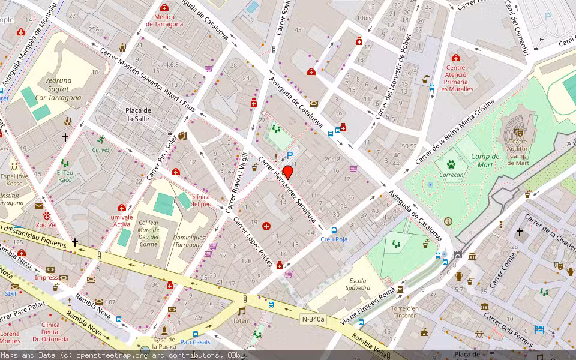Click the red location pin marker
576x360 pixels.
click(287, 173)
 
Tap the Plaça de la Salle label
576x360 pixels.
click(138, 115)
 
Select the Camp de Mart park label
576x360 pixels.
click(485, 160)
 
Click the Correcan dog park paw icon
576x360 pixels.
click(451, 163)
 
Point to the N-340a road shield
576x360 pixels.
click(313, 319)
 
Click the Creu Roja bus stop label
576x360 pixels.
click(334, 239)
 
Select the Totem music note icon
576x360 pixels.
click(242, 311)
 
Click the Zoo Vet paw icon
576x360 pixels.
click(46, 215)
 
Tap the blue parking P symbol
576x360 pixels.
click(290, 155)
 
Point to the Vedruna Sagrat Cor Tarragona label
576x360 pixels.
click(58, 89)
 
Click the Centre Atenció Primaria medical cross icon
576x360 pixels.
click(456, 58)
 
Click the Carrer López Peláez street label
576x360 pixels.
click(253, 242)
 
